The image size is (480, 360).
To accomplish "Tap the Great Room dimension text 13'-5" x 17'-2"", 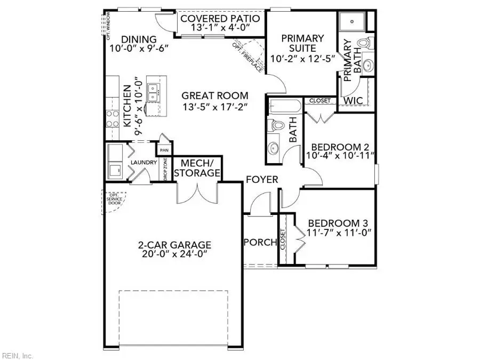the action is tap(215, 107).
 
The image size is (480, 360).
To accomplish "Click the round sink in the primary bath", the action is tap(367, 65).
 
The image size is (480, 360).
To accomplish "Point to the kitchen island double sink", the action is tap(153, 93).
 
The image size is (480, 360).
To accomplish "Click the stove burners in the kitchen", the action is tap(113, 119).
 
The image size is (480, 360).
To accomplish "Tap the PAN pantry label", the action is tap(164, 150).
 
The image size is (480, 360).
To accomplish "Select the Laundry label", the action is tap(144, 162).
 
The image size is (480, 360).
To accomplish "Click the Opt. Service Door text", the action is tap(114, 199).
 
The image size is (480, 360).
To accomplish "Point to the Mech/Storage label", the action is tap(197, 168).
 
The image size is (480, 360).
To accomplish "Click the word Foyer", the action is tap(262, 179).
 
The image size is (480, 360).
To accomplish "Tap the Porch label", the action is tap(260, 242).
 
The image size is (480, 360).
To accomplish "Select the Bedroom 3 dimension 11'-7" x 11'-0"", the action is tap(339, 233).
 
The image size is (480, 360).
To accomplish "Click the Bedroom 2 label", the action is tap(340, 147).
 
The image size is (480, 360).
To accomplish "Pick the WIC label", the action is tap(353, 100).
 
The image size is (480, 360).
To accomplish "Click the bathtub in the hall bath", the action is tap(285, 106).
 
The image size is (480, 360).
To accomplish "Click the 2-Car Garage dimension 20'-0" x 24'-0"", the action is tap(175, 254).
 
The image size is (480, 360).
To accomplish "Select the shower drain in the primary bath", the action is tap(353, 21).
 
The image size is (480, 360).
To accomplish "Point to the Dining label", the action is tap(139, 39).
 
